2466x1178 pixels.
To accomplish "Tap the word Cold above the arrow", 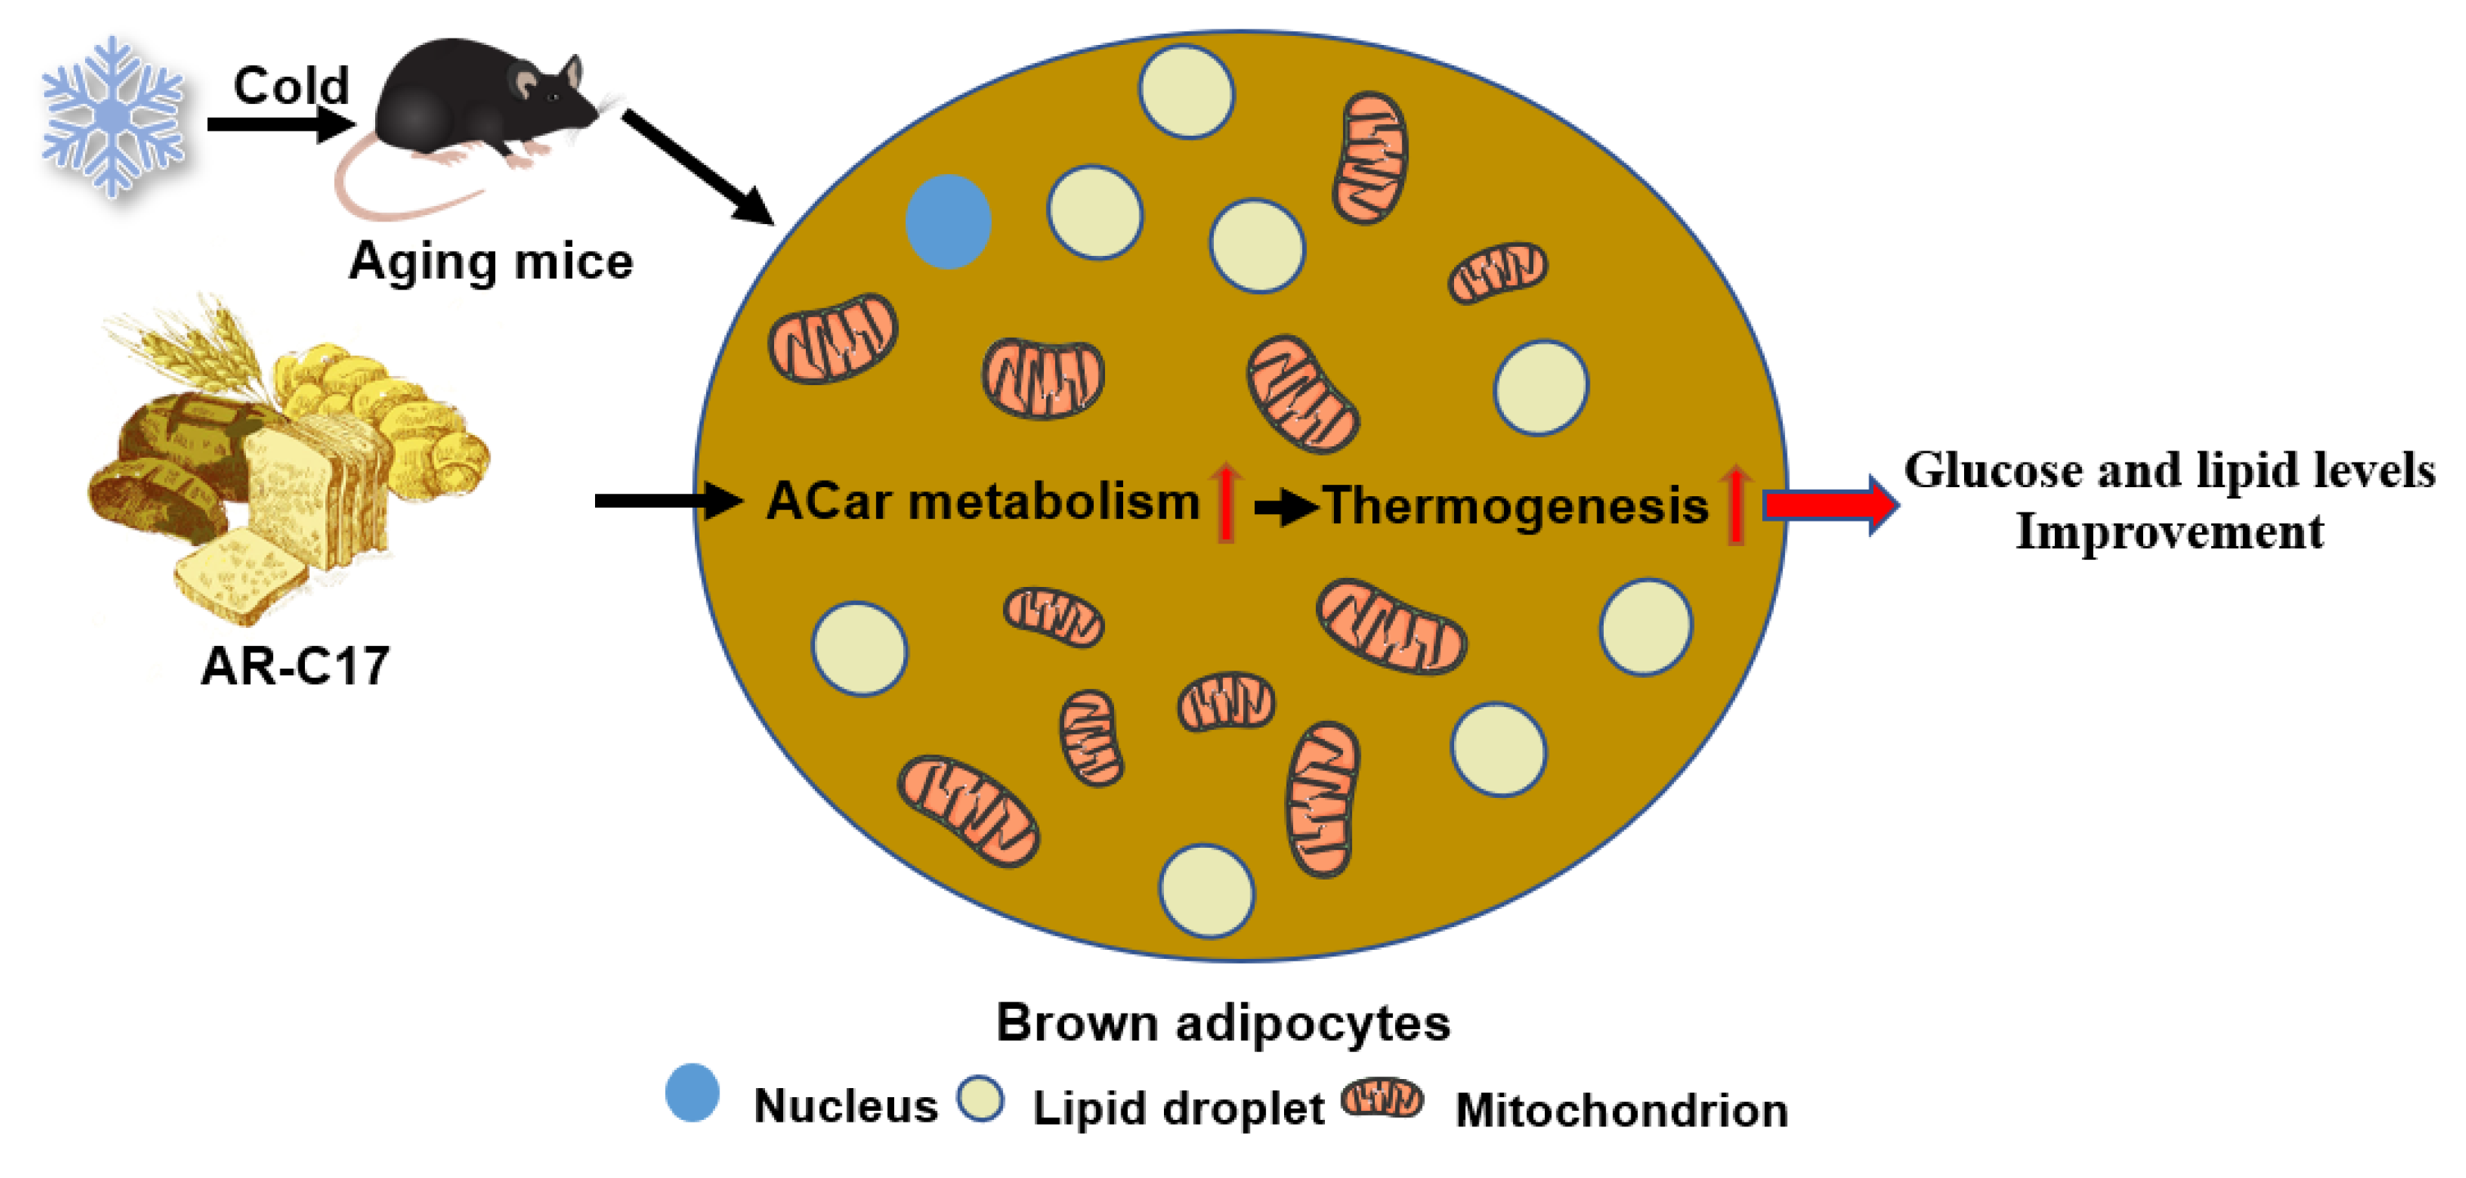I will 291,86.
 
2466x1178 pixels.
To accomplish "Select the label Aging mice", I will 490,262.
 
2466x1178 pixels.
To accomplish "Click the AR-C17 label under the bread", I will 295,665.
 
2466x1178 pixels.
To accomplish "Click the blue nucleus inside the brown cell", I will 947,222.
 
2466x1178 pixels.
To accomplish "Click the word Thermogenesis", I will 1515,507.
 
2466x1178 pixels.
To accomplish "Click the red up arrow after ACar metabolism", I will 1225,501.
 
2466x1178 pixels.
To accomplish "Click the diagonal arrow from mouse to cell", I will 699,168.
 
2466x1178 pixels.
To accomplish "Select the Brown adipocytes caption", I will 1223,1023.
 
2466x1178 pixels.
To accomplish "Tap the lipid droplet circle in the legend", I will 980,1100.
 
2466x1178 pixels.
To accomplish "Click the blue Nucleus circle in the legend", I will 692,1093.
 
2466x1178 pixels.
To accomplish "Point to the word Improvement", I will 2169,532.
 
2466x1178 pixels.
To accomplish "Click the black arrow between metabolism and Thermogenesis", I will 1285,508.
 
